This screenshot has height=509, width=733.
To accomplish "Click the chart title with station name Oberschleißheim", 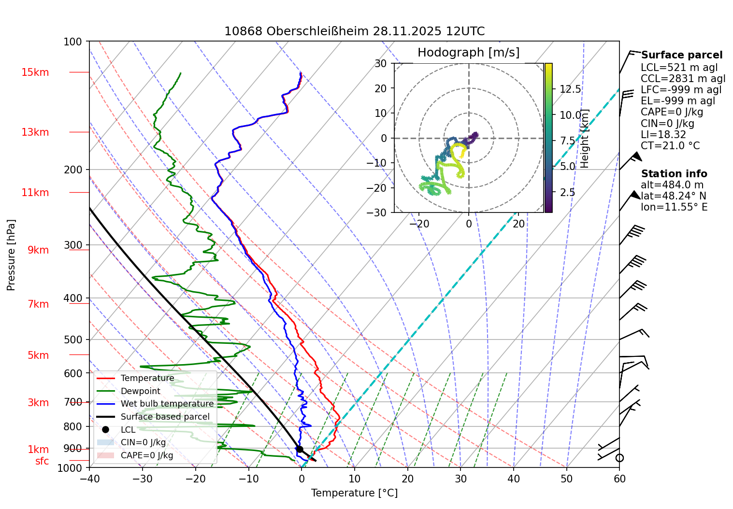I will [x=354, y=31].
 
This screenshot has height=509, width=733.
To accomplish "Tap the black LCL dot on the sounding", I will [x=300, y=449].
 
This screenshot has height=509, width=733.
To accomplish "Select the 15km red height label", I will [x=35, y=72].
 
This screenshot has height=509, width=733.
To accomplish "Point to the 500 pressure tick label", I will [x=73, y=339].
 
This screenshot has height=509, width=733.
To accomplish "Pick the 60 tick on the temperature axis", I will [x=619, y=479].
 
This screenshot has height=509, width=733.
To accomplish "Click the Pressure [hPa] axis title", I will [x=11, y=255].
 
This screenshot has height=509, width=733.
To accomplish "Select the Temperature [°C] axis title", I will [x=354, y=493].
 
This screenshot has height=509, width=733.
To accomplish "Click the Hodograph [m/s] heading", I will [x=468, y=52].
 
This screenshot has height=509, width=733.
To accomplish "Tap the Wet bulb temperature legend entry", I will [x=167, y=404].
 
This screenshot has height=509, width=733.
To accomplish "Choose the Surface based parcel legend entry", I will [x=165, y=417].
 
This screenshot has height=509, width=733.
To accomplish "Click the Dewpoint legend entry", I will [x=140, y=391].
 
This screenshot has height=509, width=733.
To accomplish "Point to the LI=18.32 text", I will [x=663, y=135].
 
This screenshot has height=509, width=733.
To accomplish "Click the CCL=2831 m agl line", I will [x=683, y=79].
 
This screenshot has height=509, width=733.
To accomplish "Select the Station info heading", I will [x=674, y=174].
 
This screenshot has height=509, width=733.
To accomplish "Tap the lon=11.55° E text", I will [x=674, y=207].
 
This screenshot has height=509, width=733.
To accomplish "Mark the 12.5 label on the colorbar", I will [x=570, y=89].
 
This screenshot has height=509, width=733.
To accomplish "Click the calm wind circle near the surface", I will [x=619, y=458].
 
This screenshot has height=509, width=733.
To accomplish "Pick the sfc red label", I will [x=42, y=461].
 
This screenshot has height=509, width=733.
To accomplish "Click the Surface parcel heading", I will [x=681, y=55].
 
